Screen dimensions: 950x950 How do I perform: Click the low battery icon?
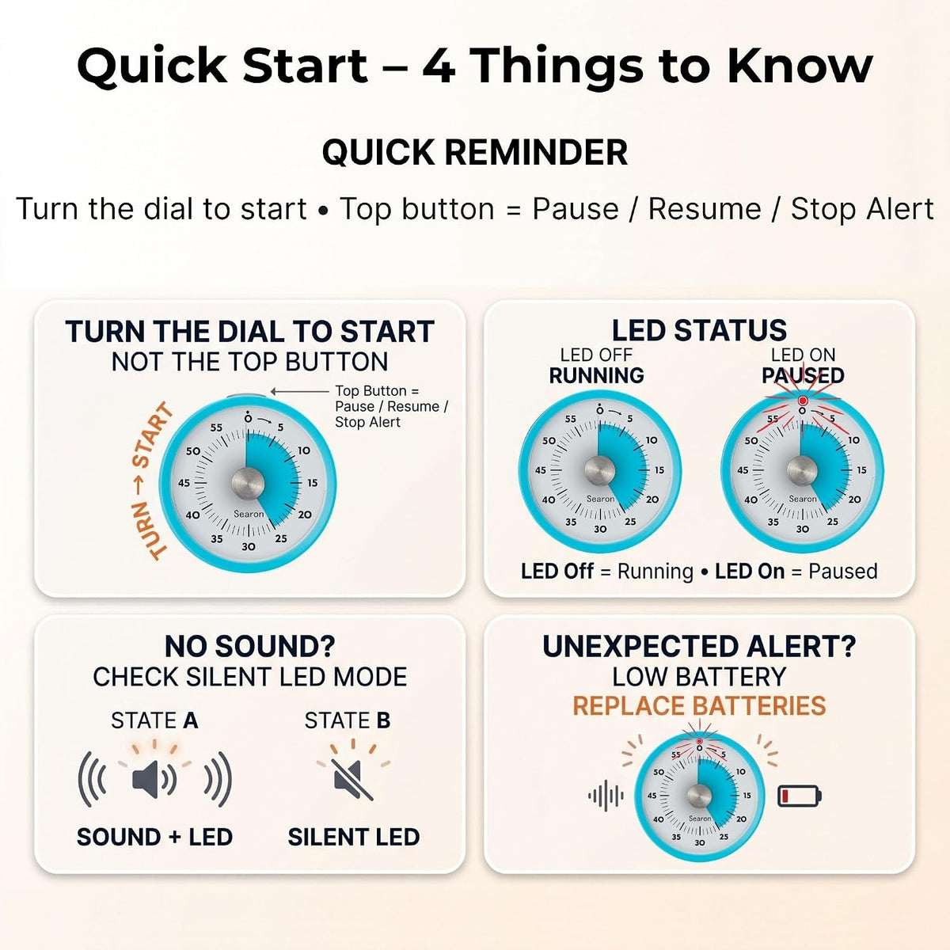click(799, 796)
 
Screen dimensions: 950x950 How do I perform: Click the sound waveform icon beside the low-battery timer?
click(606, 795)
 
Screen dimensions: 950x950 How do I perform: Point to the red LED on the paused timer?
click(802, 401)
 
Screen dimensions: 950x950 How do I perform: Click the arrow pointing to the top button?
click(300, 391)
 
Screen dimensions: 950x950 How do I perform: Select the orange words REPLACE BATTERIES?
click(699, 705)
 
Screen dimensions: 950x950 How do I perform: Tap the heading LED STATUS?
click(699, 330)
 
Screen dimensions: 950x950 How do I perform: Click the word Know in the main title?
click(800, 66)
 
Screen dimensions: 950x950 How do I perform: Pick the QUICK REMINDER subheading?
click(475, 152)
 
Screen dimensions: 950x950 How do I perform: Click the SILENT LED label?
click(353, 837)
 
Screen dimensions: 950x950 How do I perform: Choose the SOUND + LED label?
click(154, 837)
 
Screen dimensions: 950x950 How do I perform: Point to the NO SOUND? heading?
click(249, 646)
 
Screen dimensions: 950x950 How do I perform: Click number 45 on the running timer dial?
click(541, 470)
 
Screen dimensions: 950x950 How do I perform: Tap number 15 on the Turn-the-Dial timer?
click(313, 483)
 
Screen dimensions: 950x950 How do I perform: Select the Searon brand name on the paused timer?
click(803, 499)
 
